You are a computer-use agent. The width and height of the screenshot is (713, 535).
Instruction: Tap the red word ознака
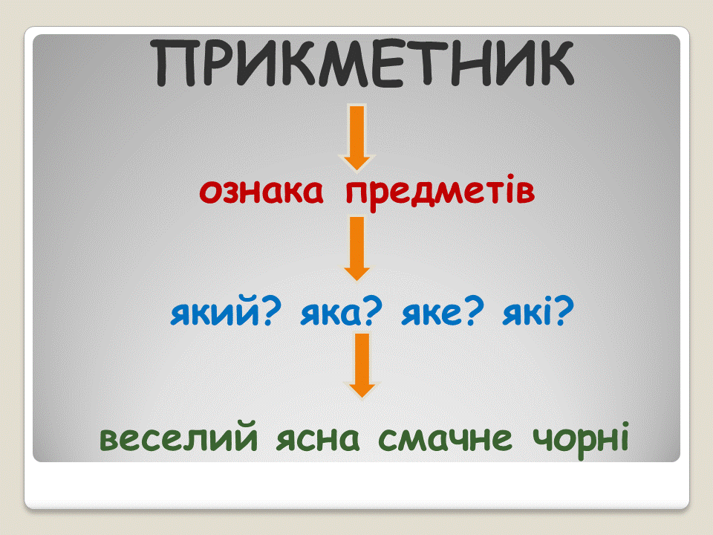[261, 191]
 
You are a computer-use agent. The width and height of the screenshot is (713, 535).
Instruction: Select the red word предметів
[440, 193]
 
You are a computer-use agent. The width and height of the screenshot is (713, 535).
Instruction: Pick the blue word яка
[331, 314]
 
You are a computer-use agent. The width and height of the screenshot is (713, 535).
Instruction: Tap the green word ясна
[318, 438]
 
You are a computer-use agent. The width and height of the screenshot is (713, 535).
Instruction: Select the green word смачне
[445, 438]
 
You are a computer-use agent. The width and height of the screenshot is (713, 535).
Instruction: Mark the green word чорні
[581, 439]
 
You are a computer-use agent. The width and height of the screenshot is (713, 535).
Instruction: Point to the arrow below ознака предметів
[357, 249]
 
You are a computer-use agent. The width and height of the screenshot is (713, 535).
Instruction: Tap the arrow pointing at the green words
[362, 366]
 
